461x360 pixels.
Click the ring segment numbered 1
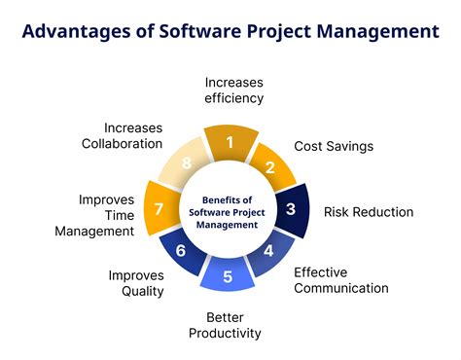[x=230, y=143]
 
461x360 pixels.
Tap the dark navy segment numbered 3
[x=292, y=210]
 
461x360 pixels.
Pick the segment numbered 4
[x=269, y=251]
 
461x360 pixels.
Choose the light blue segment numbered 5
[x=228, y=274]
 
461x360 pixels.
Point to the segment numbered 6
[x=182, y=250]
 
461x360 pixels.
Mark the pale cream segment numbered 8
[x=186, y=163]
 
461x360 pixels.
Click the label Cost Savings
[x=334, y=146]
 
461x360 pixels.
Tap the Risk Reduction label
[x=369, y=212]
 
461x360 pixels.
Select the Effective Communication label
[x=341, y=280]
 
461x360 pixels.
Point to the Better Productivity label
[x=225, y=325]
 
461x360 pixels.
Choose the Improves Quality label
[x=136, y=283]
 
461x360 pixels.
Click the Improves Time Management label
[x=94, y=215]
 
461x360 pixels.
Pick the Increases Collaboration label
[x=122, y=136]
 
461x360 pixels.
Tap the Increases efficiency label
[x=233, y=90]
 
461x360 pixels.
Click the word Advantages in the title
[x=77, y=32]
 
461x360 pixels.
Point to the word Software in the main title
[x=200, y=31]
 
